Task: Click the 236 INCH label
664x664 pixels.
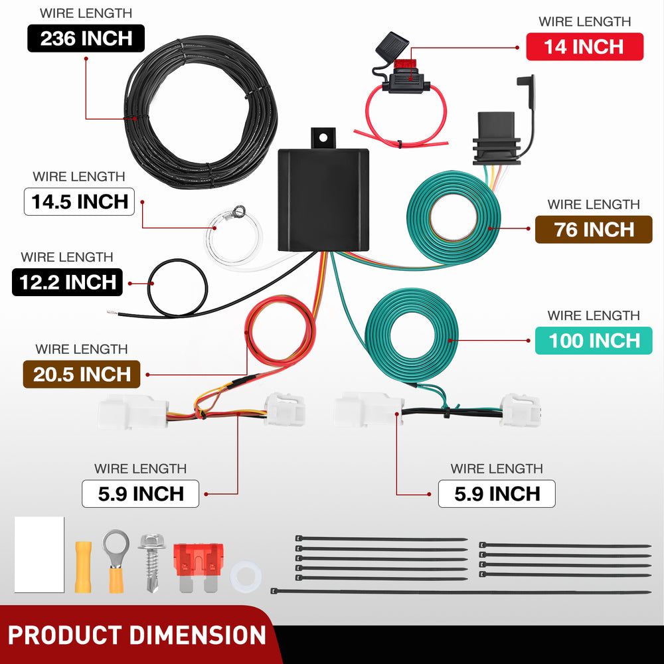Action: tap(86, 39)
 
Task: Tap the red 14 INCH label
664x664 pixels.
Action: tap(584, 46)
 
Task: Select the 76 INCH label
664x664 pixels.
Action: tap(594, 230)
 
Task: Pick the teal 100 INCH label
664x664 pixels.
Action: tap(594, 341)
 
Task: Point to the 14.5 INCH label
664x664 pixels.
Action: tap(79, 202)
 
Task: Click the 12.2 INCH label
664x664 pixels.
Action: tap(67, 282)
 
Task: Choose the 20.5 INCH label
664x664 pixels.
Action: tap(82, 374)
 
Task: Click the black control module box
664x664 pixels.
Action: tap(323, 200)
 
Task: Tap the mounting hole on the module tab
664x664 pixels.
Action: tap(323, 137)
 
